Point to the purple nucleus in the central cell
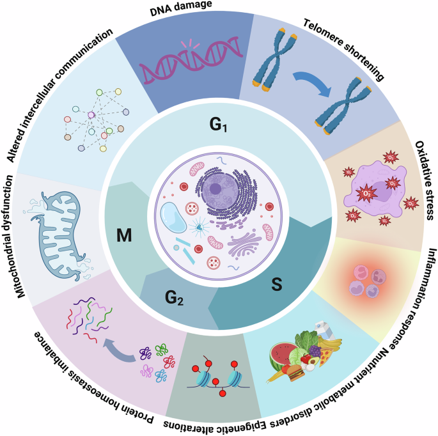(215, 191)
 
